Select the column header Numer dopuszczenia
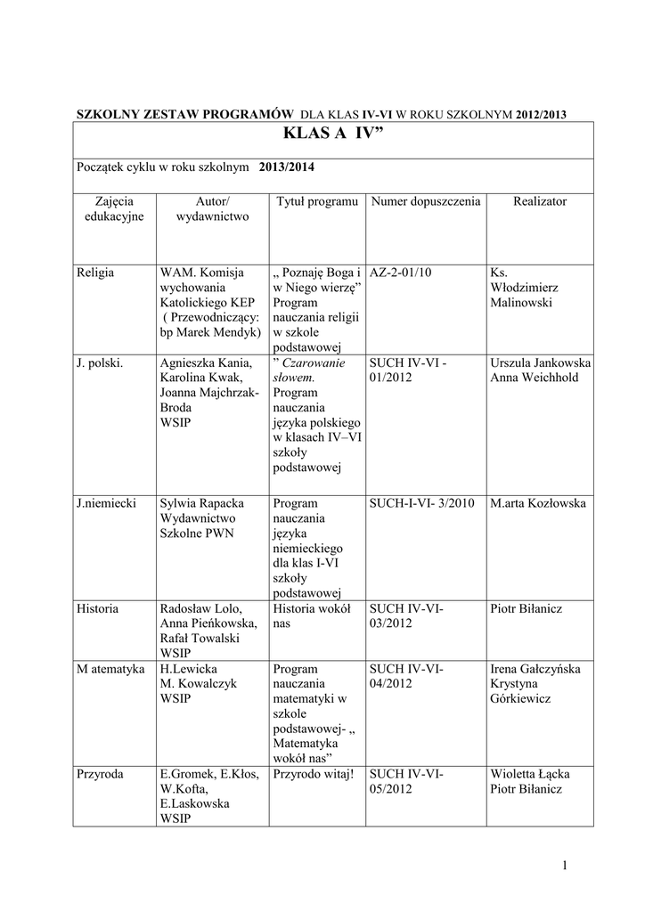(426, 202)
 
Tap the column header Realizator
(539, 202)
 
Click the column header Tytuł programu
(317, 202)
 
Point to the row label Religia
(96, 271)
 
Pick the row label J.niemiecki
(107, 503)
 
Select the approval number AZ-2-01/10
(400, 271)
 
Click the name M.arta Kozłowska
(538, 503)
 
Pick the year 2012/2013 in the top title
(535, 113)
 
